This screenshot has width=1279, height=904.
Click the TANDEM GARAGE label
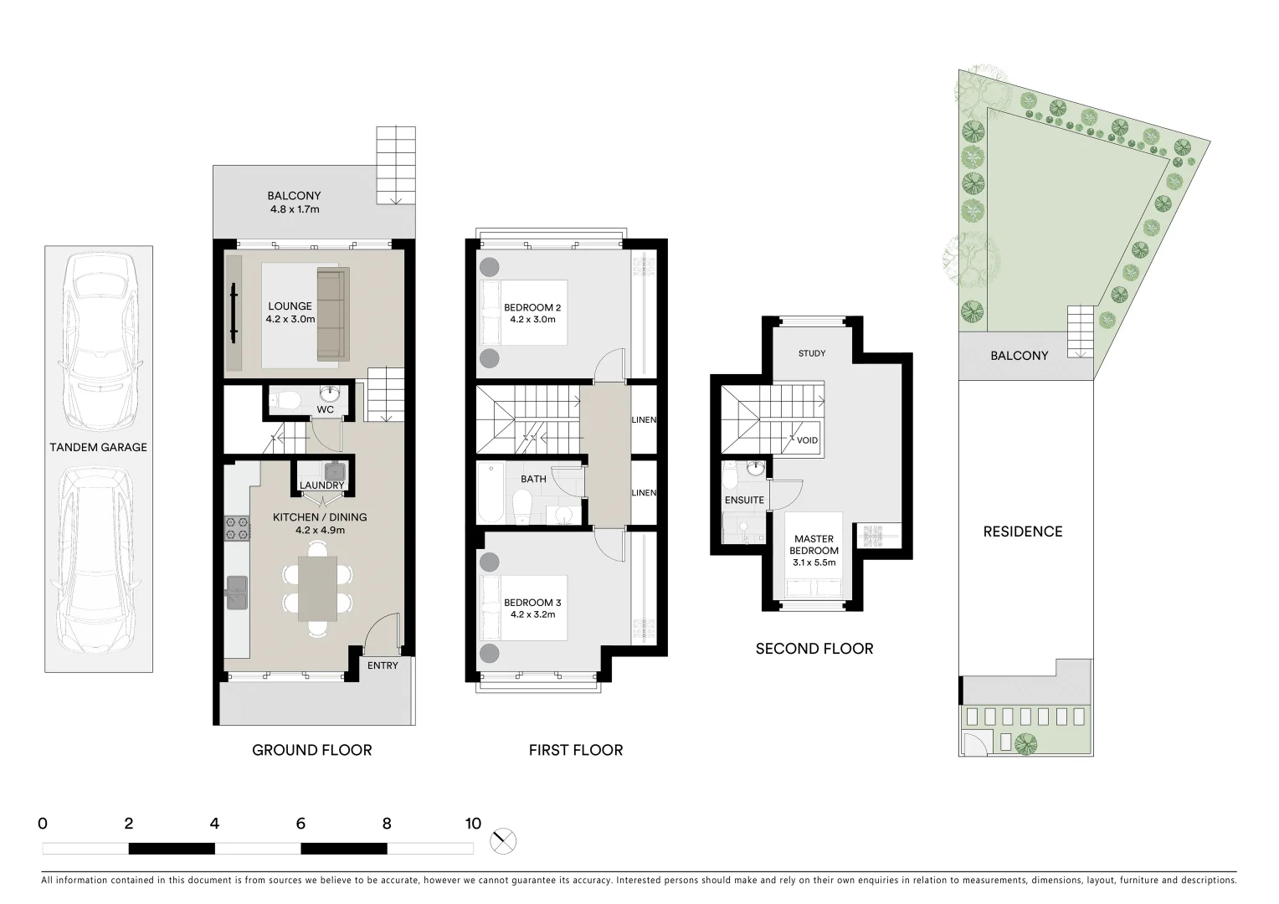98,447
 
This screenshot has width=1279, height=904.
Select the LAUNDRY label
322,485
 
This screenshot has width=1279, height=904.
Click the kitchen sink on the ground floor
236,593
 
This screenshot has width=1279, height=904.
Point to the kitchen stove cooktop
237,526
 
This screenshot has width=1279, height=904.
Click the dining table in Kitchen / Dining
317,588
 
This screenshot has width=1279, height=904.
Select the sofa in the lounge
331,315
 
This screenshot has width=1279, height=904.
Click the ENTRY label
383,665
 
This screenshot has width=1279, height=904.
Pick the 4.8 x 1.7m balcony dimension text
295,209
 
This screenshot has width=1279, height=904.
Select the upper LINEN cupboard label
644,419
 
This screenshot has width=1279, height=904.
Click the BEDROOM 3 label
532,603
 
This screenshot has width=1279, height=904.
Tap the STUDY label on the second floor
812,353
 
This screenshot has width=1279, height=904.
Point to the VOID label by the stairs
807,440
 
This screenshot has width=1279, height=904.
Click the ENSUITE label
744,500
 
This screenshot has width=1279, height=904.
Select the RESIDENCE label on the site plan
1023,532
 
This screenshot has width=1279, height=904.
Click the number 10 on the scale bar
473,824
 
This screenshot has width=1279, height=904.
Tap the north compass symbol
504,841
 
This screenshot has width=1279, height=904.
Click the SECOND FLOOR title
814,649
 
